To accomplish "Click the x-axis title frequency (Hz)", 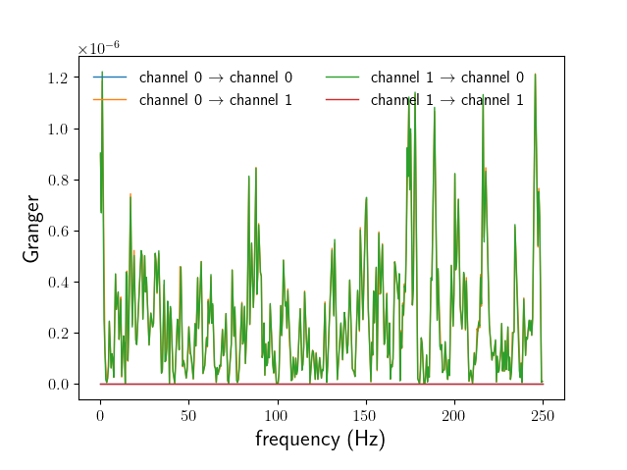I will pyautogui.click(x=320, y=439).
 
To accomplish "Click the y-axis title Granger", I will pyautogui.click(x=32, y=230).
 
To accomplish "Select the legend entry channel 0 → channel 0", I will pyautogui.click(x=215, y=77).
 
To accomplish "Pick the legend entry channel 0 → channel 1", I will pyautogui.click(x=215, y=99).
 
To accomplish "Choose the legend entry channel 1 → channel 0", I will pyautogui.click(x=446, y=77).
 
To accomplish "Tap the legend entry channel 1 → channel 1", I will pyautogui.click(x=446, y=99).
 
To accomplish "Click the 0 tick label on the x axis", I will pyautogui.click(x=99, y=415).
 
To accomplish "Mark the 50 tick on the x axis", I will pyautogui.click(x=187, y=415).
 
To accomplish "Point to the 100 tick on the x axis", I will pyautogui.click(x=277, y=415).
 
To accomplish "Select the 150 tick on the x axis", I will pyautogui.click(x=365, y=415).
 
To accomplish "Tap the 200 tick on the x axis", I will pyautogui.click(x=454, y=415).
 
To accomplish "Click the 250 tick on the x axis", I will pyautogui.click(x=543, y=415).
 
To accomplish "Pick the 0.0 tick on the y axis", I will pyautogui.click(x=59, y=385).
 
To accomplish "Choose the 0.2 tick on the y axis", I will pyautogui.click(x=59, y=334).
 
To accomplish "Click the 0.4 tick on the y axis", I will pyautogui.click(x=59, y=283).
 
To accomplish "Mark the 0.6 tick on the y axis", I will pyautogui.click(x=59, y=232).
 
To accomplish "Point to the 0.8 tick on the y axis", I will pyautogui.click(x=59, y=181).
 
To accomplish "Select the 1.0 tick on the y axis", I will pyautogui.click(x=59, y=130).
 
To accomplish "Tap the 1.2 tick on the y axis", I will pyautogui.click(x=59, y=78).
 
